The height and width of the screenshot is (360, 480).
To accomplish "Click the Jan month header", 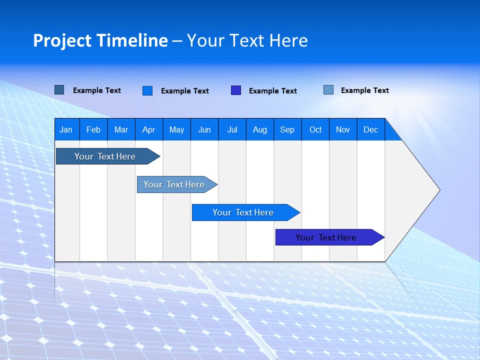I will pyautogui.click(x=66, y=129).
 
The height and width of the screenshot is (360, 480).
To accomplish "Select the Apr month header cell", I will pyautogui.click(x=149, y=129).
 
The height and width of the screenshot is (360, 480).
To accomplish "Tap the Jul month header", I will pyautogui.click(x=232, y=129).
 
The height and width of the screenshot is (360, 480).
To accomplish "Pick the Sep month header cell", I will pyautogui.click(x=287, y=129).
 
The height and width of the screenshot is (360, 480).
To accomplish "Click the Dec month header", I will pyautogui.click(x=371, y=129).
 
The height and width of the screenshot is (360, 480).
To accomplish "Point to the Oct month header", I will pyautogui.click(x=315, y=129).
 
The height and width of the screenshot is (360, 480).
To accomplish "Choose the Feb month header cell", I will pyautogui.click(x=93, y=129).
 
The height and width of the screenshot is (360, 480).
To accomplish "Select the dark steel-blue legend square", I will pyautogui.click(x=59, y=90).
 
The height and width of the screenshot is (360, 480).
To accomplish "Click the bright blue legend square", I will pyautogui.click(x=147, y=90).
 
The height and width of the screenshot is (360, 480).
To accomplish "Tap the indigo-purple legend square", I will pyautogui.click(x=235, y=90).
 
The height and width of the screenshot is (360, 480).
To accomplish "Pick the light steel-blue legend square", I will pyautogui.click(x=328, y=90).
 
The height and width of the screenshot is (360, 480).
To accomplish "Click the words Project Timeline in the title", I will pyautogui.click(x=100, y=40).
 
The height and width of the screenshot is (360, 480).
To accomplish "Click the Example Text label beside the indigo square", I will pyautogui.click(x=272, y=91).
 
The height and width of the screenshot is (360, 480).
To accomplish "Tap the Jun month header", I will pyautogui.click(x=204, y=129).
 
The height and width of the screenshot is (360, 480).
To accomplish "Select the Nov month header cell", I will pyautogui.click(x=343, y=129).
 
